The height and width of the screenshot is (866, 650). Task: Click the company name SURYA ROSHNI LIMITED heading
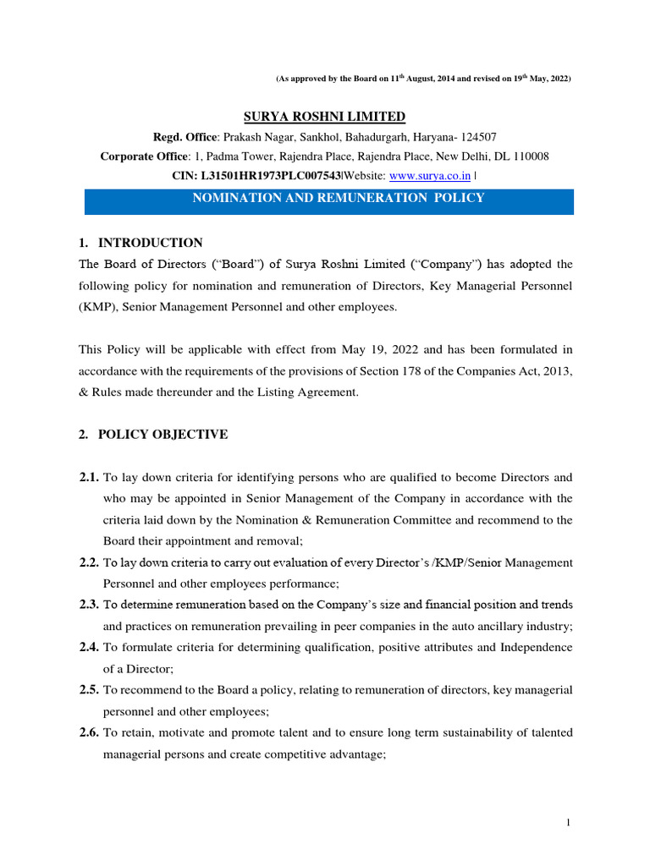(x=325, y=117)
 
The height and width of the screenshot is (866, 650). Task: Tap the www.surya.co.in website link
(x=430, y=175)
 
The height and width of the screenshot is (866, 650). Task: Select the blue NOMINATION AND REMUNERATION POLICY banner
(x=329, y=199)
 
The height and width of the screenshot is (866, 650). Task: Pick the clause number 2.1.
(x=89, y=478)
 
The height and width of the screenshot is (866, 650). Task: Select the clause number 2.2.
(x=89, y=562)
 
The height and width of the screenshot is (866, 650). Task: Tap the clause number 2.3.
(x=89, y=605)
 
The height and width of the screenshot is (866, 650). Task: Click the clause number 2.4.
(x=89, y=647)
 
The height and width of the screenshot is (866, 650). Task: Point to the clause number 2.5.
(x=89, y=690)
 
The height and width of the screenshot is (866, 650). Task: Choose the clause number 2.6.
(x=89, y=732)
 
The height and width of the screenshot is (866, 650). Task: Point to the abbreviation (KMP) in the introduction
(x=96, y=307)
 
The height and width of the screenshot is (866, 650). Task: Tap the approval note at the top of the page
(x=423, y=79)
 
